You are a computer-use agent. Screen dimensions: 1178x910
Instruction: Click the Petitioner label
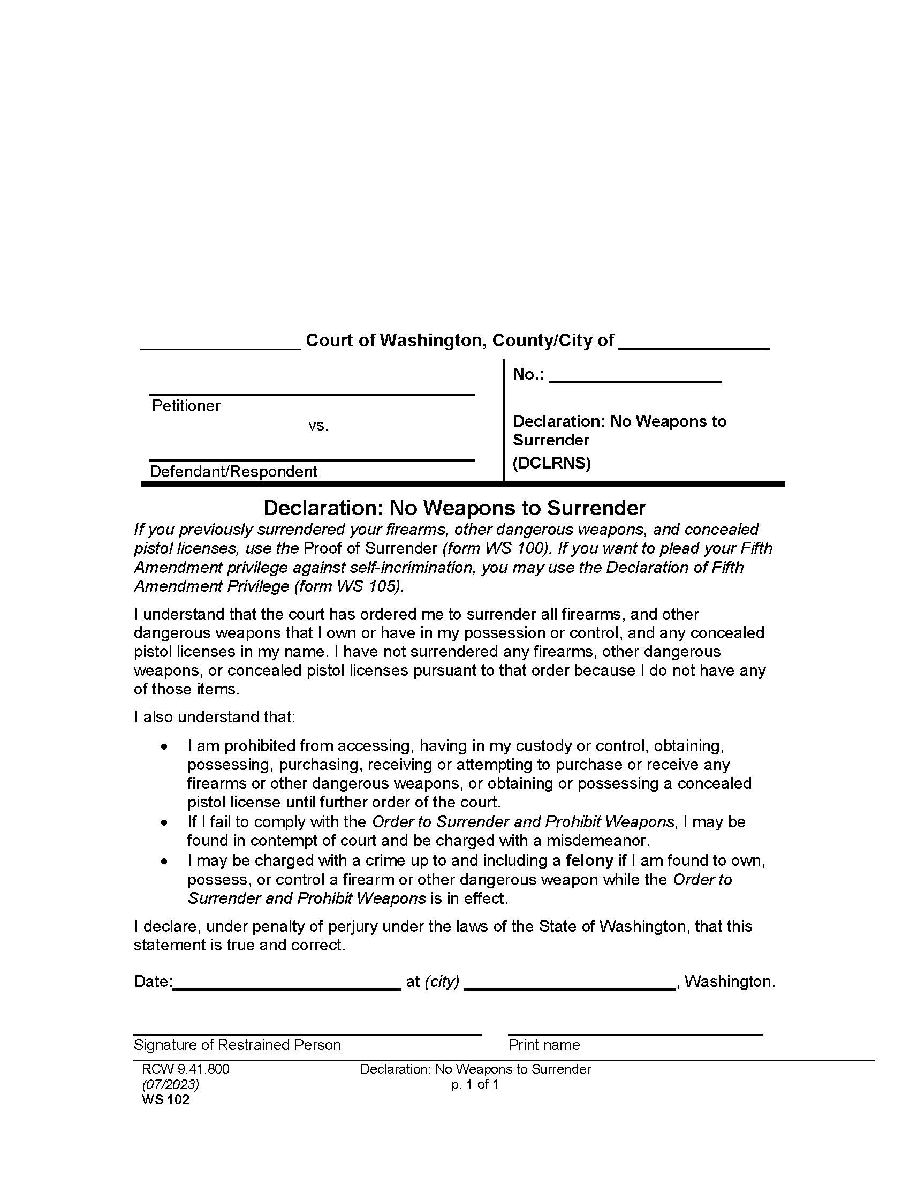[x=186, y=406]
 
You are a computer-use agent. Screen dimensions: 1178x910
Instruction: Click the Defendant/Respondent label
[x=233, y=471]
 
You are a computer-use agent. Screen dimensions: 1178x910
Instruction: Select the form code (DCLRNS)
[x=551, y=463]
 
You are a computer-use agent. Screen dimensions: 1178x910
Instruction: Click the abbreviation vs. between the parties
[x=318, y=426]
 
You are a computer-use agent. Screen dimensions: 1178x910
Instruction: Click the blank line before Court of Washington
[x=221, y=345]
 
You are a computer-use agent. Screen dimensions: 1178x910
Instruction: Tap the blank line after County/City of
[x=694, y=345]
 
